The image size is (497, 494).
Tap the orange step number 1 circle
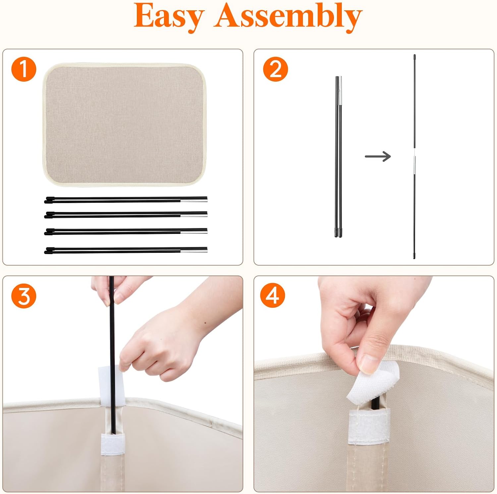(24, 69)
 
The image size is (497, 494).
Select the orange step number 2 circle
(275, 69)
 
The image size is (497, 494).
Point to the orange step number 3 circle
(24, 296)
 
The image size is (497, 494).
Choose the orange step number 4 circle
(273, 295)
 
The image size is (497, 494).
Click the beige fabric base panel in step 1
(124, 124)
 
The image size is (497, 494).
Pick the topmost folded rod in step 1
(126, 200)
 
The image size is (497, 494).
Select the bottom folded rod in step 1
(126, 250)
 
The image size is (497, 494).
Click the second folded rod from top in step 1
(126, 215)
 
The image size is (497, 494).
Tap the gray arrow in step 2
(378, 156)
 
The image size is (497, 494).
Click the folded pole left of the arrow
(338, 157)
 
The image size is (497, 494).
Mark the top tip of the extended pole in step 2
(414, 55)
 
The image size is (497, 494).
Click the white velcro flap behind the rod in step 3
(111, 386)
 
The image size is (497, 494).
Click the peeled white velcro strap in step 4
(374, 384)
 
